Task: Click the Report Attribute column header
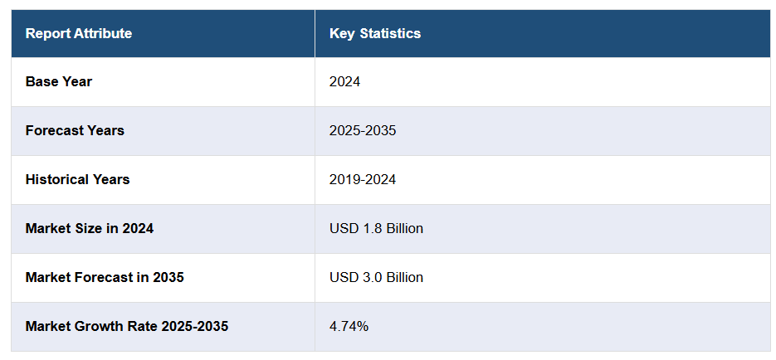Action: tap(79, 34)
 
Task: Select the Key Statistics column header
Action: tap(375, 34)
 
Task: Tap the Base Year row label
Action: tap(59, 82)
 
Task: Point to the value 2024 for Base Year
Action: tap(344, 82)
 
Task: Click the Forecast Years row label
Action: tap(75, 131)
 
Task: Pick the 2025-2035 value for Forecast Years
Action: tap(363, 131)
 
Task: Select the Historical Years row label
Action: tap(77, 180)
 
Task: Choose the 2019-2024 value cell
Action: tap(363, 180)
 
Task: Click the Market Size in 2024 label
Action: tap(90, 229)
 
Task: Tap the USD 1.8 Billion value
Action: tap(376, 229)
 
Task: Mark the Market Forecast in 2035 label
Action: tap(105, 278)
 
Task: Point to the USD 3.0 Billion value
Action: tap(376, 278)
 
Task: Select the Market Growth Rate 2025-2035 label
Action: tap(127, 327)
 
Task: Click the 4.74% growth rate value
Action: tap(349, 327)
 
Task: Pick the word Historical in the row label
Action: tap(58, 180)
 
